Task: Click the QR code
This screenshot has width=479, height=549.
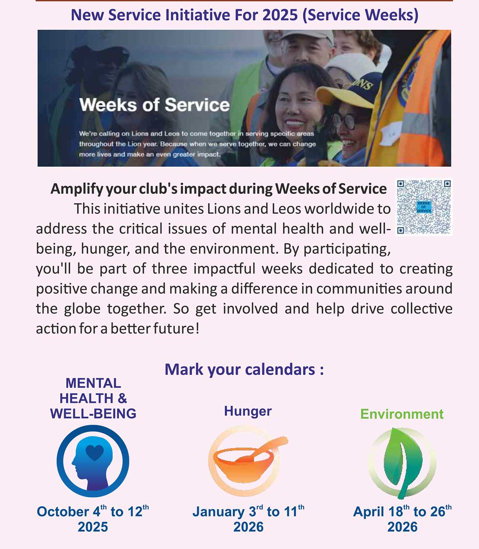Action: coord(424,207)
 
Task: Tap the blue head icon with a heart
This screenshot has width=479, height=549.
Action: coord(93,461)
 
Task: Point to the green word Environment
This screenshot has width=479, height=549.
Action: coord(402,414)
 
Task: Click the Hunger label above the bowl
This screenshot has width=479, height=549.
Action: coord(247,411)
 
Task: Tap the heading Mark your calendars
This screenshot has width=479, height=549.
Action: coord(244,369)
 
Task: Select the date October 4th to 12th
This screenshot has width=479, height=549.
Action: coord(93,511)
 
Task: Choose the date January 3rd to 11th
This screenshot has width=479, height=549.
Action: coord(248,511)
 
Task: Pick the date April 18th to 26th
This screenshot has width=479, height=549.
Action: coord(402,511)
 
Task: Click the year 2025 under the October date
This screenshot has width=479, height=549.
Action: coord(93,527)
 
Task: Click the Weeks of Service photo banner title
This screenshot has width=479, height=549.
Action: coord(154,105)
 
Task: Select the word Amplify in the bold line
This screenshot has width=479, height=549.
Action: coord(76,189)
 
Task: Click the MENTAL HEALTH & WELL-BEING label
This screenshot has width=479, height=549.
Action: coord(93,398)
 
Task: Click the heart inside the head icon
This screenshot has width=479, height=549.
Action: coord(95,452)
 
